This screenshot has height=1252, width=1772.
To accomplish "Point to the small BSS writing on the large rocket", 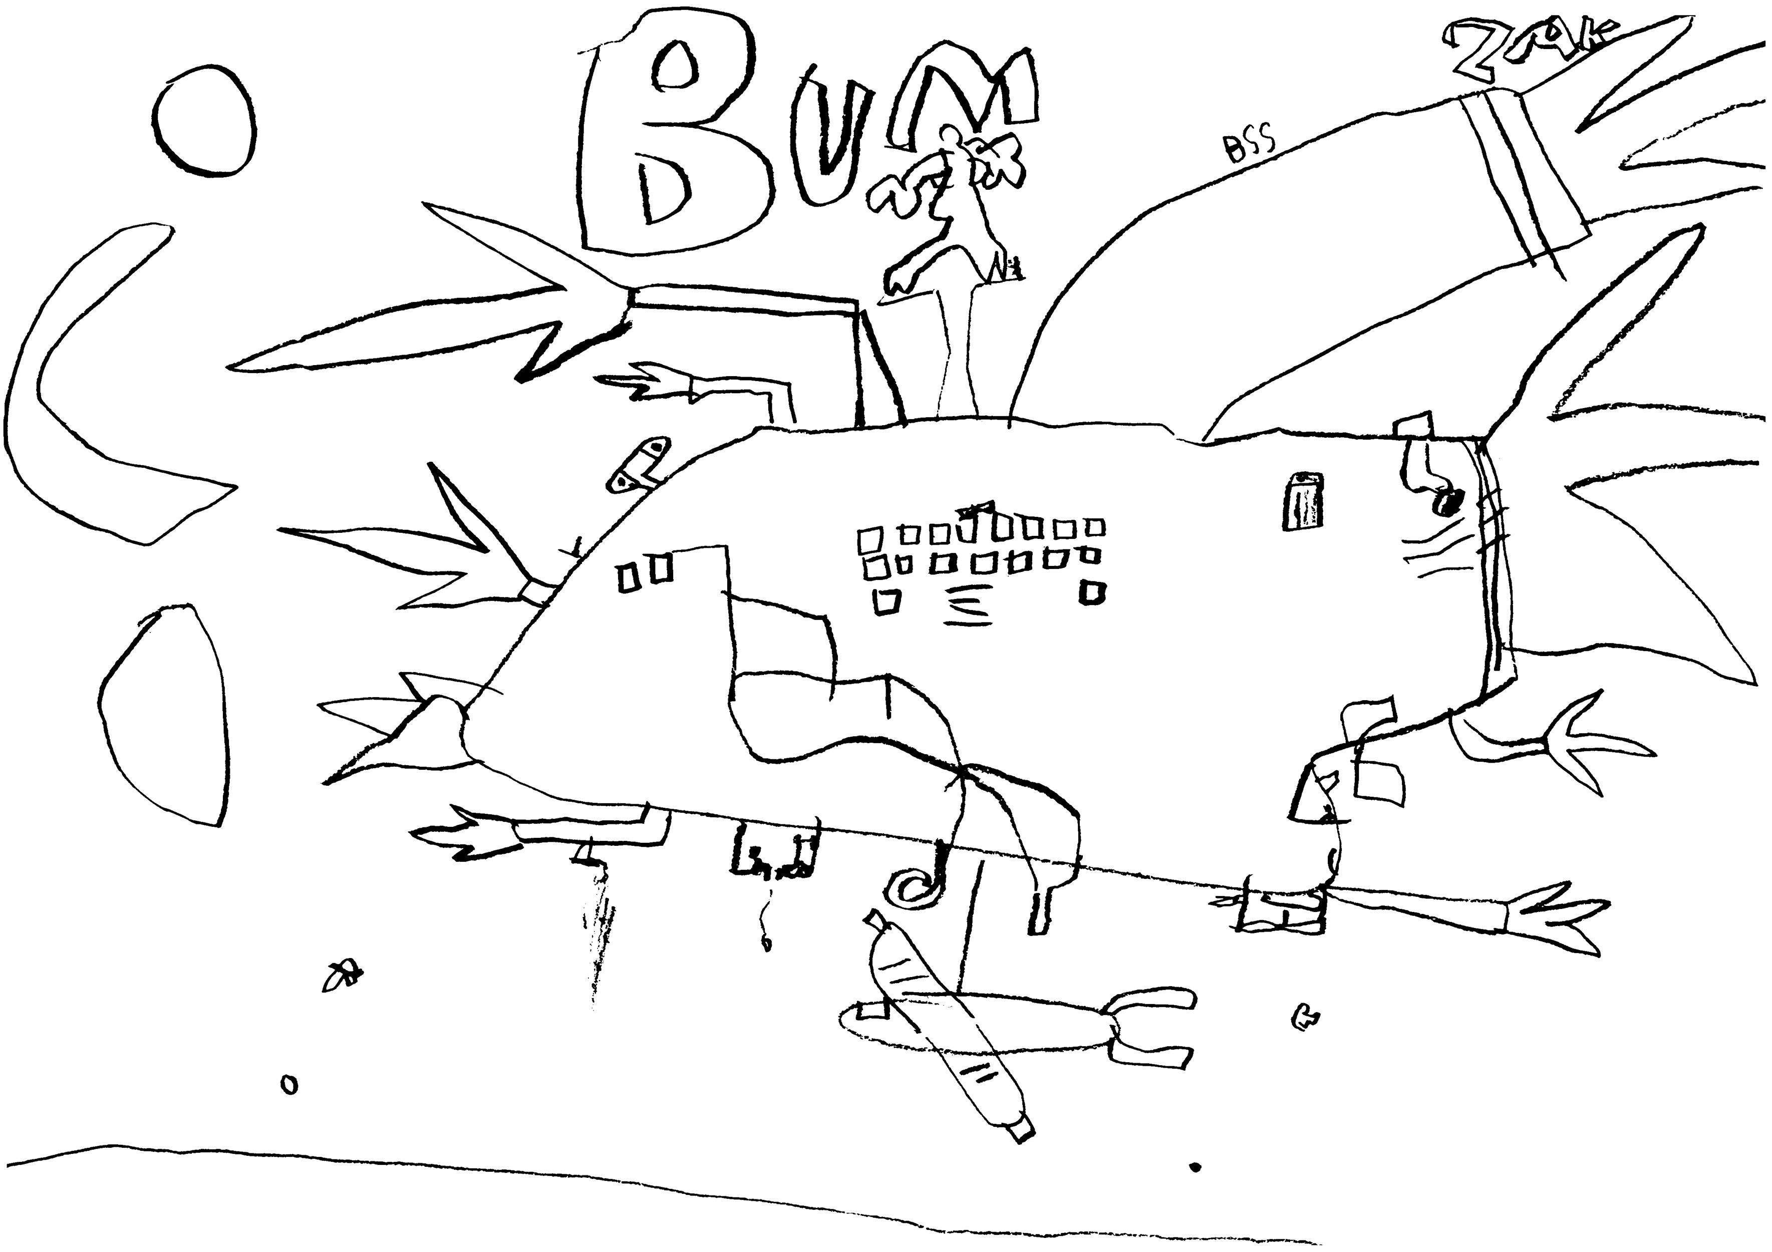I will (x=1250, y=147).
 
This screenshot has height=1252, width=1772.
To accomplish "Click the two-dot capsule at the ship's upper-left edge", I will (x=639, y=464).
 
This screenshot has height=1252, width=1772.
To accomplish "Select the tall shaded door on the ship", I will (x=1303, y=502).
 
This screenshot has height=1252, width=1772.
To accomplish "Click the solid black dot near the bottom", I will (x=1196, y=1189).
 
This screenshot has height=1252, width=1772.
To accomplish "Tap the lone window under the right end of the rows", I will (x=1094, y=593).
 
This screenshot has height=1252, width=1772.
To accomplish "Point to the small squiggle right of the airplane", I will (x=1304, y=1019).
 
